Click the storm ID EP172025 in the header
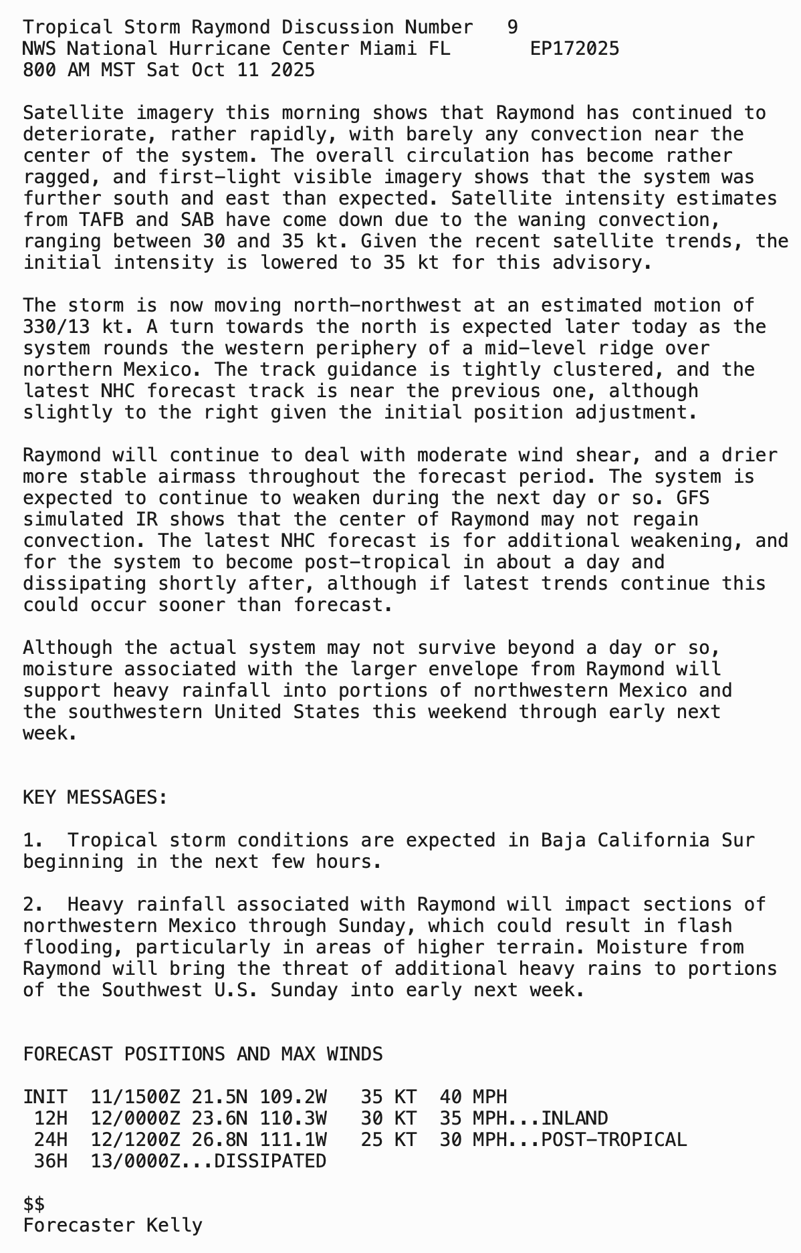(574, 49)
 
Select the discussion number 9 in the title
(512, 27)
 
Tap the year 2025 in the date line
(293, 70)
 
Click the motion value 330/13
(56, 327)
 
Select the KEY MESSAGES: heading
(95, 798)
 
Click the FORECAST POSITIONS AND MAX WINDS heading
(203, 1054)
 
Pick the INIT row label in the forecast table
(45, 1097)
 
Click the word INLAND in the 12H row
(574, 1119)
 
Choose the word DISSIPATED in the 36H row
(270, 1161)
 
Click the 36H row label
(51, 1161)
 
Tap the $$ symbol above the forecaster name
(34, 1204)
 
